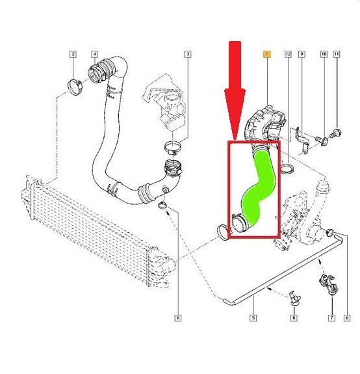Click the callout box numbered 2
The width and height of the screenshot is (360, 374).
pyautogui.click(x=73, y=54)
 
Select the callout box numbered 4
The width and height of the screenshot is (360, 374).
pyautogui.click(x=95, y=54)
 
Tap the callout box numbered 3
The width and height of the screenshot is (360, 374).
pyautogui.click(x=188, y=54)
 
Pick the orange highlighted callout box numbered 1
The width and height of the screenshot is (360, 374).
pyautogui.click(x=266, y=54)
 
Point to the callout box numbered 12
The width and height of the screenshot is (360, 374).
pyautogui.click(x=288, y=54)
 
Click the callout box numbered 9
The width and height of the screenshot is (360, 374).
pyautogui.click(x=302, y=54)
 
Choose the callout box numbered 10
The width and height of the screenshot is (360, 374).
pyautogui.click(x=324, y=54)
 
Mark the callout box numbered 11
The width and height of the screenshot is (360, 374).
pyautogui.click(x=336, y=54)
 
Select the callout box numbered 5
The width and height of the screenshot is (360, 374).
pyautogui.click(x=253, y=317)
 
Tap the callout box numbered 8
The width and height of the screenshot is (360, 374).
pyautogui.click(x=294, y=317)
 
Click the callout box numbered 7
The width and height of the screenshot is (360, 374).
pyautogui.click(x=331, y=317)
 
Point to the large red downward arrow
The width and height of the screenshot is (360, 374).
pyautogui.click(x=235, y=90)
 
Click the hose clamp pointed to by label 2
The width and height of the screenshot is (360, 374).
pyautogui.click(x=75, y=87)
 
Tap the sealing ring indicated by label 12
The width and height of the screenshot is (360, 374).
pyautogui.click(x=287, y=168)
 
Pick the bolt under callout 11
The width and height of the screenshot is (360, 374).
pyautogui.click(x=335, y=133)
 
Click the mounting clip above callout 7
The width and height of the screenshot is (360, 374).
pyautogui.click(x=329, y=285)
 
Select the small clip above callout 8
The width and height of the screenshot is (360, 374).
pyautogui.click(x=295, y=299)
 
